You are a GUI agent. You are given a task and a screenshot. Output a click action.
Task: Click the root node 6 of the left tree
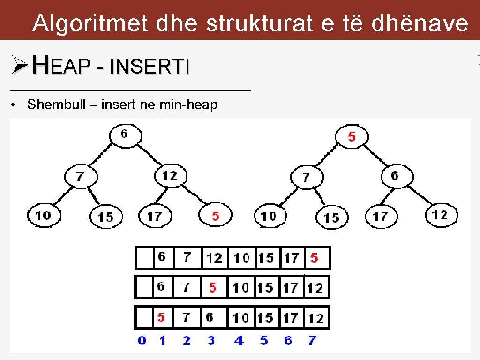pyautogui.click(x=125, y=135)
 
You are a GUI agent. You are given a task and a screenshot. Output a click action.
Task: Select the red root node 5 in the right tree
pyautogui.click(x=352, y=137)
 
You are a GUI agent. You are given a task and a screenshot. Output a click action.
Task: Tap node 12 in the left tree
pyautogui.click(x=170, y=176)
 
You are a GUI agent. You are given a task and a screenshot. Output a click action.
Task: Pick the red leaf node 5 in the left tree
pyautogui.click(x=215, y=216)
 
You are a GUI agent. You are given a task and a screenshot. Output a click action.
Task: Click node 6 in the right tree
pyautogui.click(x=395, y=176)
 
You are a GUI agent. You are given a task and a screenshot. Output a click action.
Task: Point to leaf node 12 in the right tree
pyautogui.click(x=441, y=215)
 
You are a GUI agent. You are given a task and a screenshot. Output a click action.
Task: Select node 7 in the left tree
pyautogui.click(x=81, y=177)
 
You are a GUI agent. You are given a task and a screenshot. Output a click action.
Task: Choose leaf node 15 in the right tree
pyautogui.click(x=331, y=217)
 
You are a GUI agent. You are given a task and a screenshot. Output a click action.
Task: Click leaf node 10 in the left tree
pyautogui.click(x=43, y=216)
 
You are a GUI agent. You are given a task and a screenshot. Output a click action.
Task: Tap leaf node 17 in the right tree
pyautogui.click(x=380, y=217)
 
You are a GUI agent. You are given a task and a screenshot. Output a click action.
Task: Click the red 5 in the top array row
pyautogui.click(x=314, y=257)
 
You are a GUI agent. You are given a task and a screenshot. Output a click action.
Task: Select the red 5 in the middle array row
pyautogui.click(x=213, y=287)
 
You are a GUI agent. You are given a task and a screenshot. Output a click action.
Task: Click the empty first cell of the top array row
pyautogui.click(x=144, y=257)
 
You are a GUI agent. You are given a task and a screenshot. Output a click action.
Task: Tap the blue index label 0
pyautogui.click(x=142, y=340)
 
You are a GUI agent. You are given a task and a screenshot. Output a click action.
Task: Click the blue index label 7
pyautogui.click(x=313, y=340)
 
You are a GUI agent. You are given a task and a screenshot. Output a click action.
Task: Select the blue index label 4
pyautogui.click(x=239, y=340)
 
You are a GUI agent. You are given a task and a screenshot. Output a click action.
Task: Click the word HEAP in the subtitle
pyautogui.click(x=61, y=67)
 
